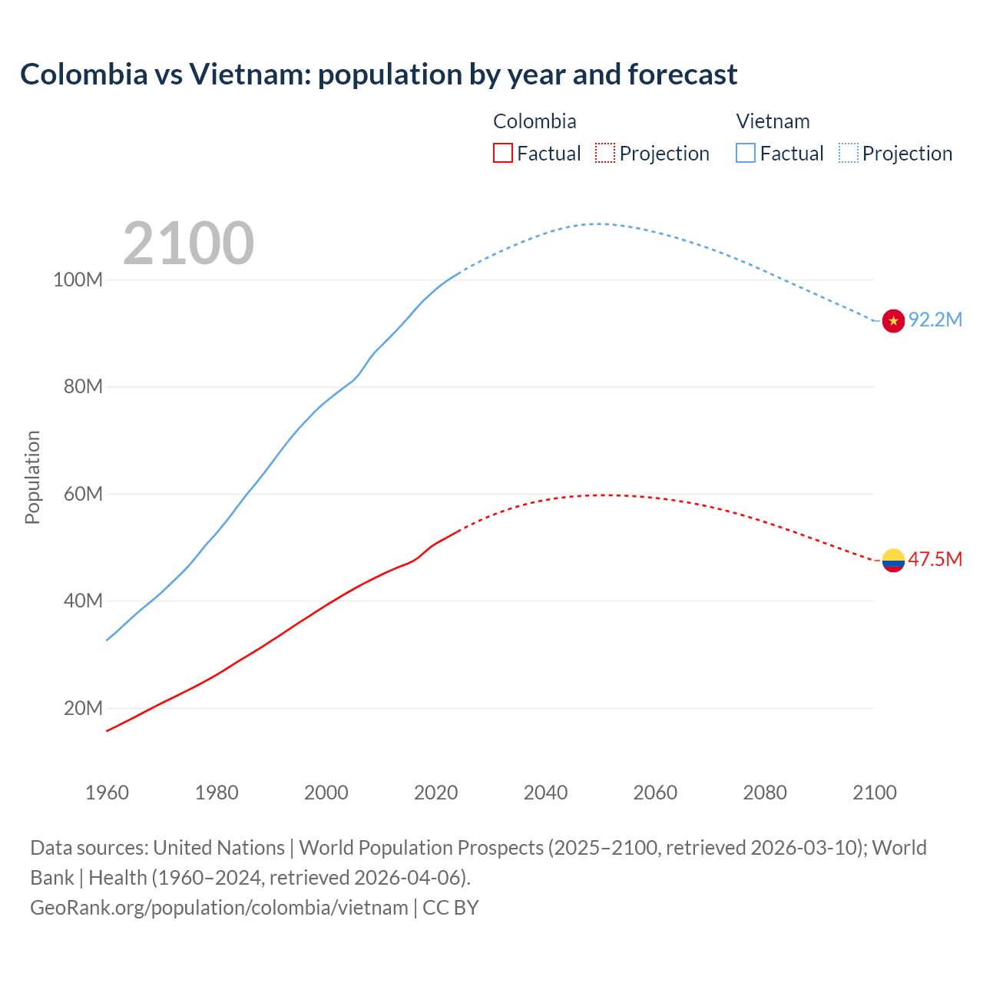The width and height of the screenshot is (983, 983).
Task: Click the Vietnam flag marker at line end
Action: [893, 321]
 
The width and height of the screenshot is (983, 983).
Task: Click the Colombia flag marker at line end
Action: [893, 561]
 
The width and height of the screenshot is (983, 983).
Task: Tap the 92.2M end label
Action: [935, 320]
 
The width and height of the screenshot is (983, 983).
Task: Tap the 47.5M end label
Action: [935, 559]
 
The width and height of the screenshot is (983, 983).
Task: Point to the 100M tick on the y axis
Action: [78, 280]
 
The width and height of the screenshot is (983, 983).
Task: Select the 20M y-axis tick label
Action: [83, 708]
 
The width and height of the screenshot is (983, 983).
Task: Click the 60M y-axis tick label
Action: [83, 494]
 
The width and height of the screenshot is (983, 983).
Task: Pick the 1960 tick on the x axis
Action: [107, 793]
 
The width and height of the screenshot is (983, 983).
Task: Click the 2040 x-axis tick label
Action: [545, 793]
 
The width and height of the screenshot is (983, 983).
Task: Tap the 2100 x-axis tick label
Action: [874, 793]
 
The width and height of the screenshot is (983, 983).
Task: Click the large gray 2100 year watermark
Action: [188, 243]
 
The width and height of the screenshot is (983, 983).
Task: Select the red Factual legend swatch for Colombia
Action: [502, 153]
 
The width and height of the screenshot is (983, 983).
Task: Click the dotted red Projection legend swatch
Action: [605, 153]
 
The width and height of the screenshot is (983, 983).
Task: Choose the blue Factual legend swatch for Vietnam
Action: [746, 153]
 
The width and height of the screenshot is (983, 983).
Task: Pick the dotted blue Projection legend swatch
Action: [849, 153]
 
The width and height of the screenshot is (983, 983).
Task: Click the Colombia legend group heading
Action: [535, 121]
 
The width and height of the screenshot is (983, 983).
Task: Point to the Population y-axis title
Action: [32, 477]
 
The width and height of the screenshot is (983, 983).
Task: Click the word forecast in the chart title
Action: [683, 74]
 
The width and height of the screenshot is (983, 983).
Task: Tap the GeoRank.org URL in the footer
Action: [219, 908]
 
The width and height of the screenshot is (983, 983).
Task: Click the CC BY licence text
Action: [451, 908]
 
